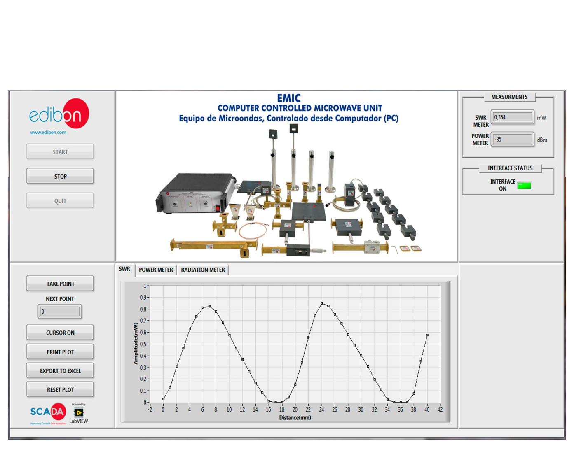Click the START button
click(x=60, y=152)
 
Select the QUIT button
click(x=60, y=201)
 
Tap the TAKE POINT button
click(x=60, y=284)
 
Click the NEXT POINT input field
click(x=60, y=312)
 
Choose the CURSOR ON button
click(x=60, y=333)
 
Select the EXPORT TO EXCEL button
click(x=60, y=371)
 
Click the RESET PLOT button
click(x=60, y=389)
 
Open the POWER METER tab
click(x=156, y=270)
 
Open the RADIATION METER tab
click(x=203, y=270)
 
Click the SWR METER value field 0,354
click(x=512, y=117)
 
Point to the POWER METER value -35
click(x=512, y=140)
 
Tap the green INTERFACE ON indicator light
click(x=524, y=186)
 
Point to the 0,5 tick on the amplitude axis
click(x=143, y=344)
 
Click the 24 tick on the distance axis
click(x=321, y=409)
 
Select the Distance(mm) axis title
click(x=295, y=418)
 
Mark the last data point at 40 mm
click(x=427, y=335)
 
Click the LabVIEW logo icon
click(x=78, y=413)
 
